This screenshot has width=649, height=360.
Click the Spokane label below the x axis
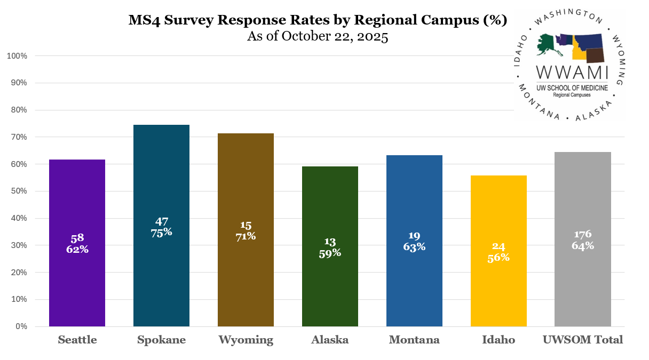pyautogui.click(x=161, y=340)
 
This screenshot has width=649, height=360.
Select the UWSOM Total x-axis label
pyautogui.click(x=583, y=340)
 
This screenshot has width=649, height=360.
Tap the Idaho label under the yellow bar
pyautogui.click(x=498, y=340)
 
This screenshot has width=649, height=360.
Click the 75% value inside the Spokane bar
pyautogui.click(x=161, y=232)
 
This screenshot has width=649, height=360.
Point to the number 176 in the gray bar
pyautogui.click(x=583, y=234)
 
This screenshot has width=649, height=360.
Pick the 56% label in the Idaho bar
pyautogui.click(x=498, y=257)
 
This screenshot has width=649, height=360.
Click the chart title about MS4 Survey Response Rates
pyautogui.click(x=318, y=20)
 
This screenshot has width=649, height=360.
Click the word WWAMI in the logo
pyautogui.click(x=572, y=71)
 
